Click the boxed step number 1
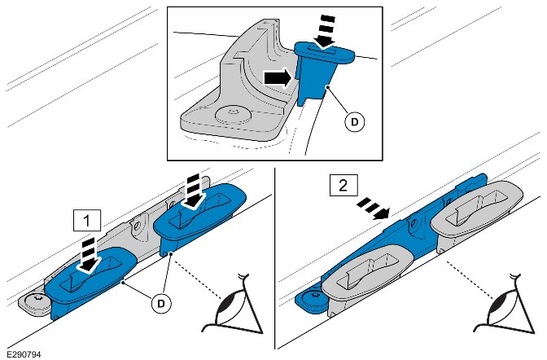click(87, 220)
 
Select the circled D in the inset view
click(354, 121)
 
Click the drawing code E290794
click(24, 353)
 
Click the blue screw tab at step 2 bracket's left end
click(312, 293)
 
